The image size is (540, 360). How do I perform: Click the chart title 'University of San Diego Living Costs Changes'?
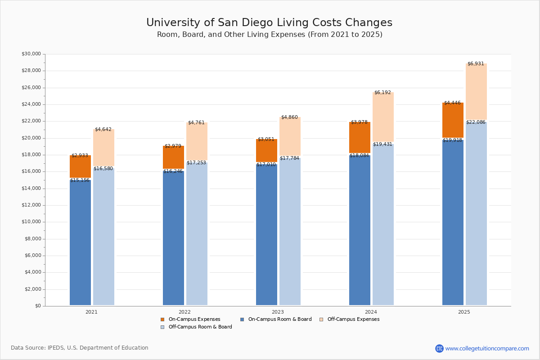click(269, 23)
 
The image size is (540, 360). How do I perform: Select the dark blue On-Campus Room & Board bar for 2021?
click(80, 243)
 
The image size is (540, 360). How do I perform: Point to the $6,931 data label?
click(476, 64)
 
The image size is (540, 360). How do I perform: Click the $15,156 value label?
click(80, 180)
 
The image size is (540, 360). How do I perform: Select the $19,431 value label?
click(382, 144)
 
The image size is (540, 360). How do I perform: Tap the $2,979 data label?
click(173, 146)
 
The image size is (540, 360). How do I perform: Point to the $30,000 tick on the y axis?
click(31, 54)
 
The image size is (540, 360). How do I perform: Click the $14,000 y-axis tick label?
click(31, 189)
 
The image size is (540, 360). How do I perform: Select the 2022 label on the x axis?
click(184, 312)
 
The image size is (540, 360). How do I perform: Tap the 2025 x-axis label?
click(464, 312)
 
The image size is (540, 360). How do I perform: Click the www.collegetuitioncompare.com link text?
click(487, 348)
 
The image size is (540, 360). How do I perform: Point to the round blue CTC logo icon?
click(439, 348)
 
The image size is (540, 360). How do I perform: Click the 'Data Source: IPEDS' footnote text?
click(80, 348)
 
